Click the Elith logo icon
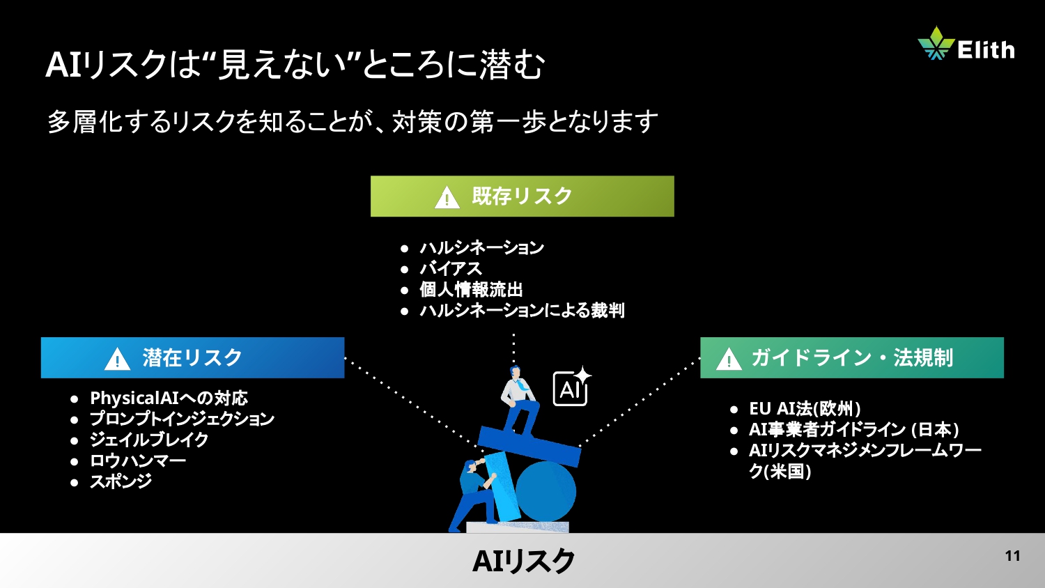[935, 43]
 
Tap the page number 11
[1012, 556]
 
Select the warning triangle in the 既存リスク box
[447, 198]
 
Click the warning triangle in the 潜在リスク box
[117, 359]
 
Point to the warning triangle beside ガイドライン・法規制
[729, 359]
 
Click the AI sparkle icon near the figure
[571, 387]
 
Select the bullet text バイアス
[450, 269]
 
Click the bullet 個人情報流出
[471, 290]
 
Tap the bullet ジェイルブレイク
[148, 440]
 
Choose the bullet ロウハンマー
[137, 461]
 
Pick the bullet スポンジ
[121, 481]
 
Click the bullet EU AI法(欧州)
[804, 409]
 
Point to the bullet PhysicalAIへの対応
[169, 399]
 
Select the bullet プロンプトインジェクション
[182, 419]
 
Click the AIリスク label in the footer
[523, 561]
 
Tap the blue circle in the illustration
[545, 491]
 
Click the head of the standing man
[516, 372]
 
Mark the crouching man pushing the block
[474, 491]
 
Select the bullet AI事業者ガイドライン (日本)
[853, 430]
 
